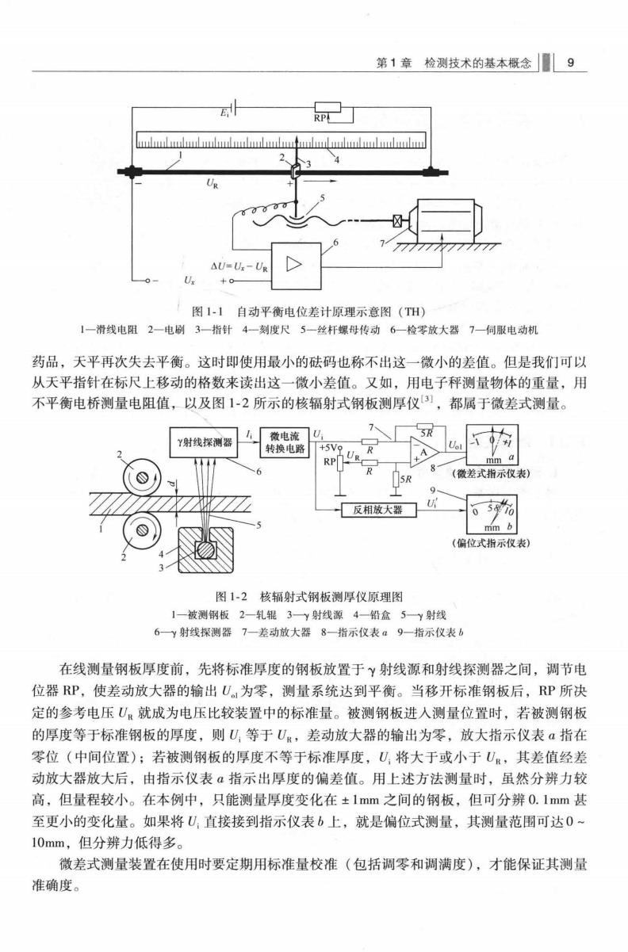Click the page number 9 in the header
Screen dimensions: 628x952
[571, 63]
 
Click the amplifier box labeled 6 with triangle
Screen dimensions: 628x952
[297, 266]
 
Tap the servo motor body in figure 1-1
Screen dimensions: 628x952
[447, 221]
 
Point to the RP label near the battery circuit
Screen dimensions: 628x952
[320, 118]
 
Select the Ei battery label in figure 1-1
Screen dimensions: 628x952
[224, 113]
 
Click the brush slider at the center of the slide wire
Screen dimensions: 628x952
[295, 172]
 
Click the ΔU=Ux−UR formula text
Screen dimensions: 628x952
[239, 267]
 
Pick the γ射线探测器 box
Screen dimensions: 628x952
[204, 442]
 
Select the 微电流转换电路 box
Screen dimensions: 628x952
[285, 442]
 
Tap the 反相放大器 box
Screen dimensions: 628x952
[379, 510]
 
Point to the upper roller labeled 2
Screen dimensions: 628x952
[141, 477]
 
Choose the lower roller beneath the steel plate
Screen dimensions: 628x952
[141, 531]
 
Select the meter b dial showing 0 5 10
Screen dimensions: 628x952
[492, 514]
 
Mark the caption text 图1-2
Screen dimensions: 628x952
[232, 596]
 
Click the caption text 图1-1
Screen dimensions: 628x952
[208, 312]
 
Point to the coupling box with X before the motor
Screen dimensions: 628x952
[397, 220]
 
